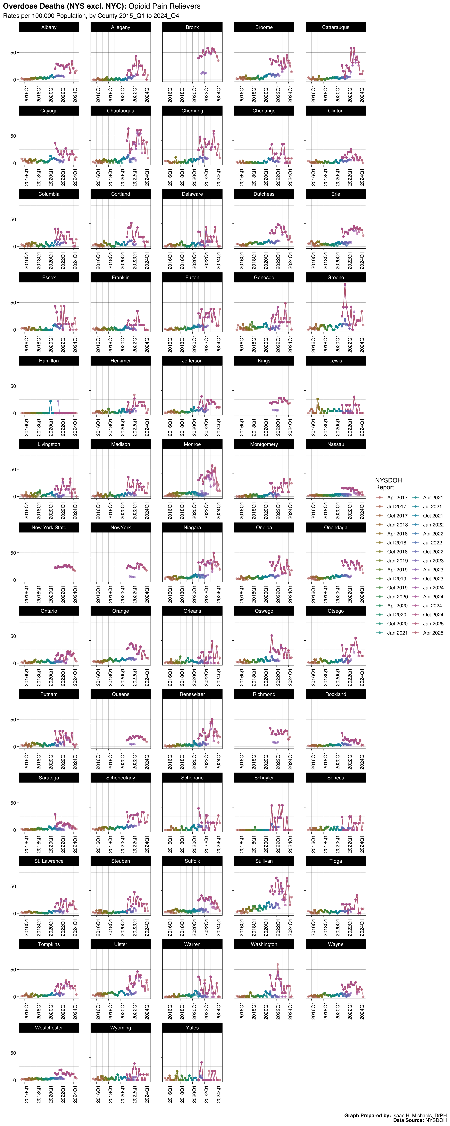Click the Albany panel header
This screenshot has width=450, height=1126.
pos(49,27)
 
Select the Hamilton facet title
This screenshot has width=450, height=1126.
pos(49,361)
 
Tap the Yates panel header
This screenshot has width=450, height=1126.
pos(192,1028)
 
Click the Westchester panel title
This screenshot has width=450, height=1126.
pos(49,1028)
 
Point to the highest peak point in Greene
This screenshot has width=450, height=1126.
pos(345,285)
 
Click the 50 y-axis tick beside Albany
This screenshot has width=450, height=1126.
pos(13,52)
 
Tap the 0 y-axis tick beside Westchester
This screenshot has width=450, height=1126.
pos(15,1080)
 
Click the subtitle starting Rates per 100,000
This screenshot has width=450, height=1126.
pos(91,16)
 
